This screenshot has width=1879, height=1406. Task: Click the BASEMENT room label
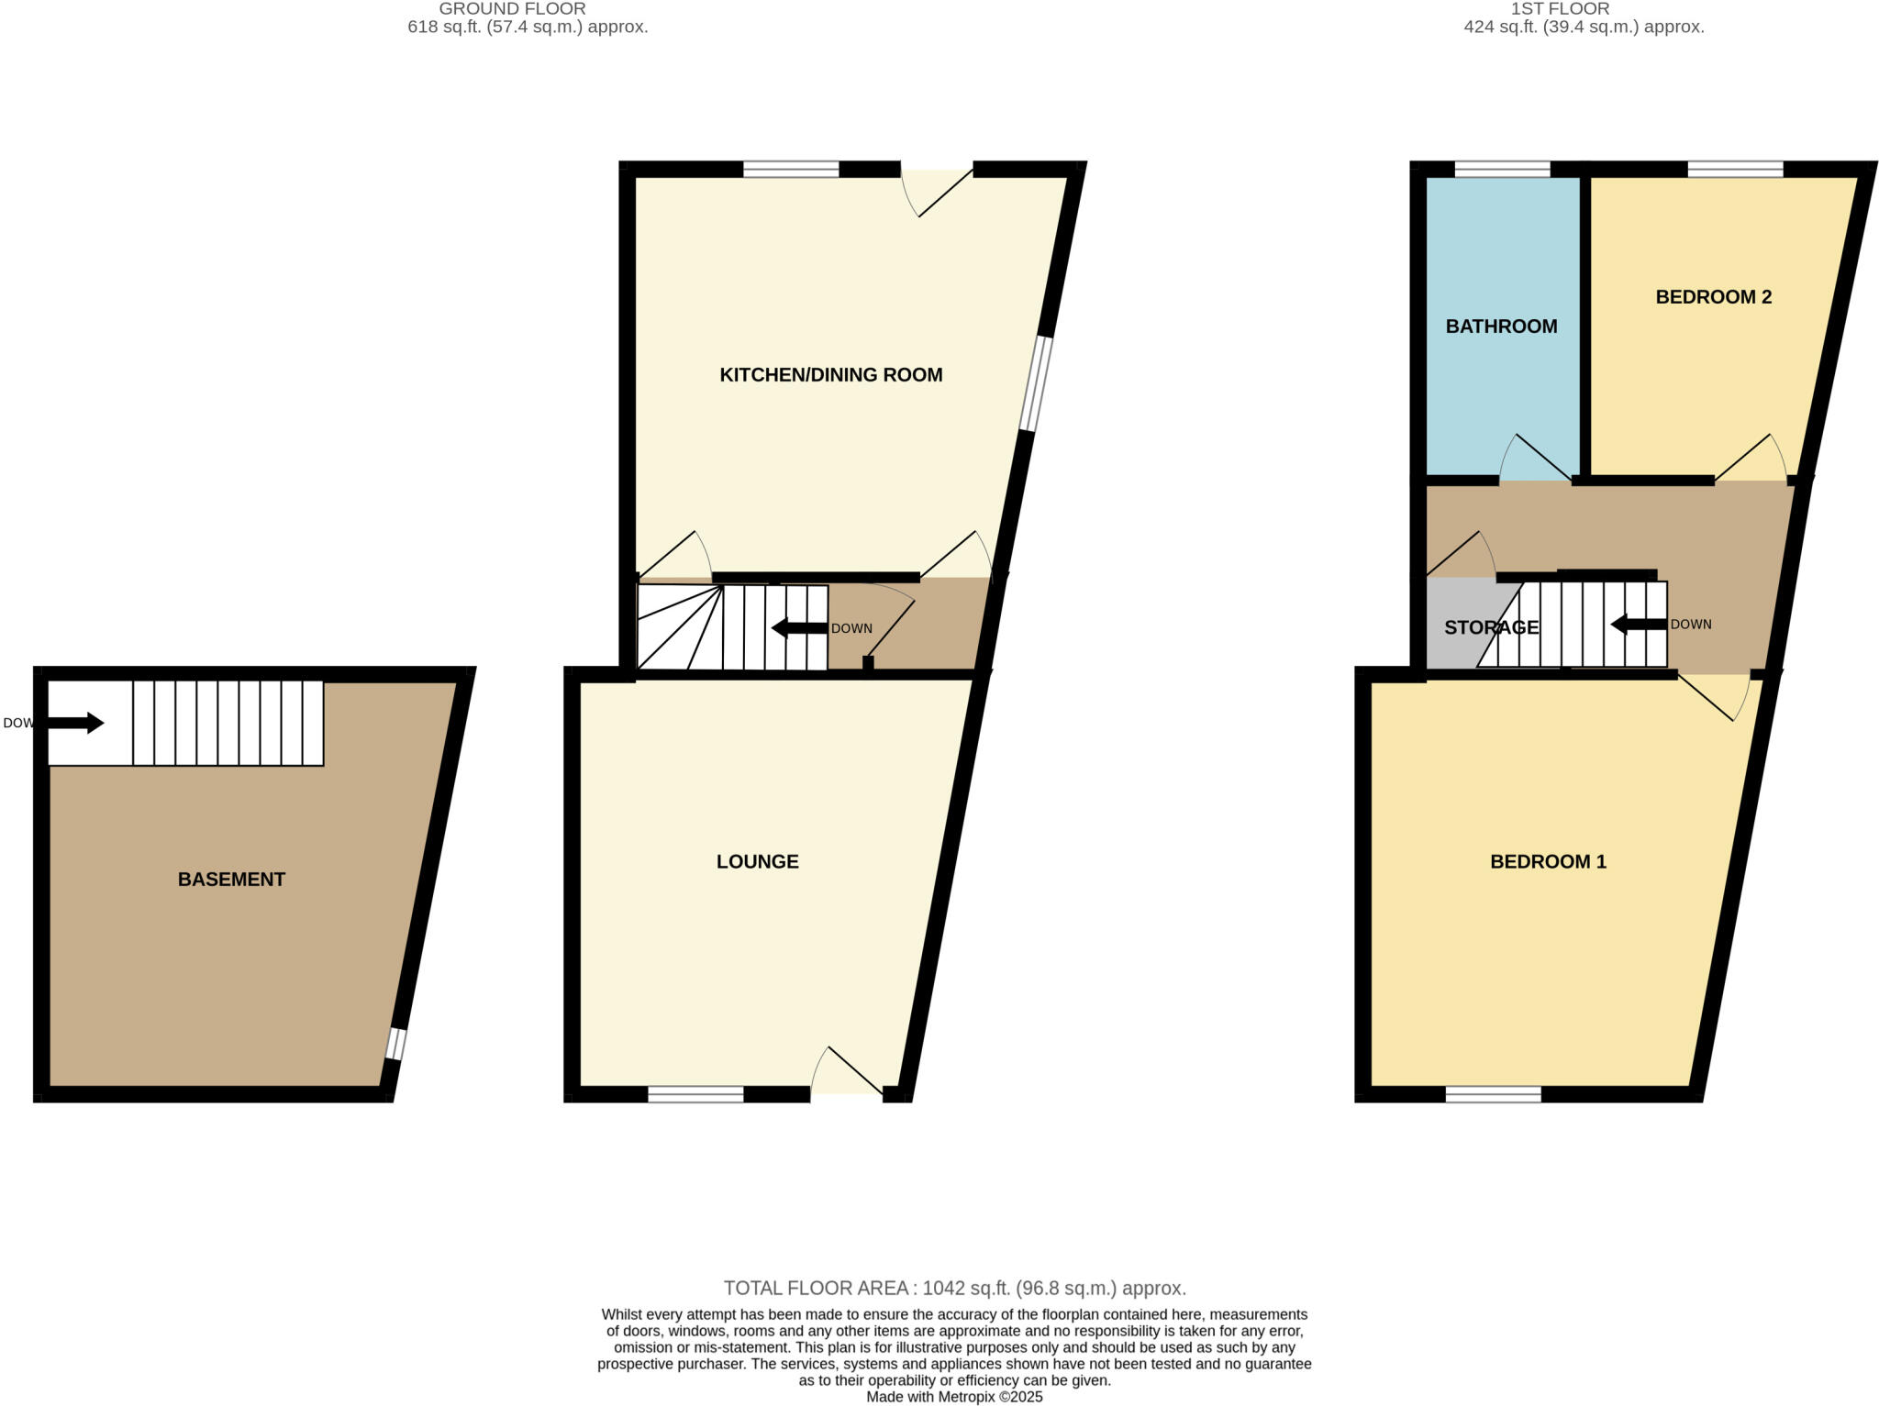click(x=231, y=880)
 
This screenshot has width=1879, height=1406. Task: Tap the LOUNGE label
click(x=757, y=861)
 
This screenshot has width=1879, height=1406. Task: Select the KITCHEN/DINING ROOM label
click(x=830, y=374)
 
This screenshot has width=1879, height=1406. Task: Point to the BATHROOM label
click(x=1501, y=327)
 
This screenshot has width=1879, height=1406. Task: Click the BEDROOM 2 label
click(x=1713, y=297)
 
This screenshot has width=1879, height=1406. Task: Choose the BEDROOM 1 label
click(x=1548, y=861)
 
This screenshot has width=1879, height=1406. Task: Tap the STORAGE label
click(x=1491, y=627)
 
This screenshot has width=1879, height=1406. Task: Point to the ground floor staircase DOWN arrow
click(x=799, y=628)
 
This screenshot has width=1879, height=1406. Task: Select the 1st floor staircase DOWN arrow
click(x=1639, y=625)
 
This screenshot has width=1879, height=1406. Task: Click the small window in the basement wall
click(x=395, y=1044)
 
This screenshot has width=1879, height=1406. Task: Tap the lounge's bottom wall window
click(x=695, y=1093)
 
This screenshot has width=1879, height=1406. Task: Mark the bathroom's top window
click(x=1502, y=169)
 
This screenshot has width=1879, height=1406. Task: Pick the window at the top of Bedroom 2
click(x=1735, y=169)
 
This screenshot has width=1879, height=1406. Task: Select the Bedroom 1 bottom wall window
click(x=1493, y=1093)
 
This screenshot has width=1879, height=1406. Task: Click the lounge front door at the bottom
click(x=847, y=1082)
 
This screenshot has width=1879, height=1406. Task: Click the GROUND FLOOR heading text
click(x=512, y=9)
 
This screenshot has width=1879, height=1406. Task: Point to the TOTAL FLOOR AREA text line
click(x=954, y=1288)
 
